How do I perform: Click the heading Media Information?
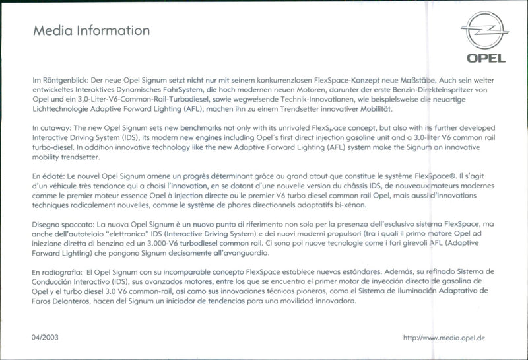91,30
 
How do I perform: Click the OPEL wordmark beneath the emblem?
486,58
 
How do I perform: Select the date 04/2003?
44,338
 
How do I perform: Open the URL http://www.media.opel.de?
444,338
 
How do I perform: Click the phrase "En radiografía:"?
57,272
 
